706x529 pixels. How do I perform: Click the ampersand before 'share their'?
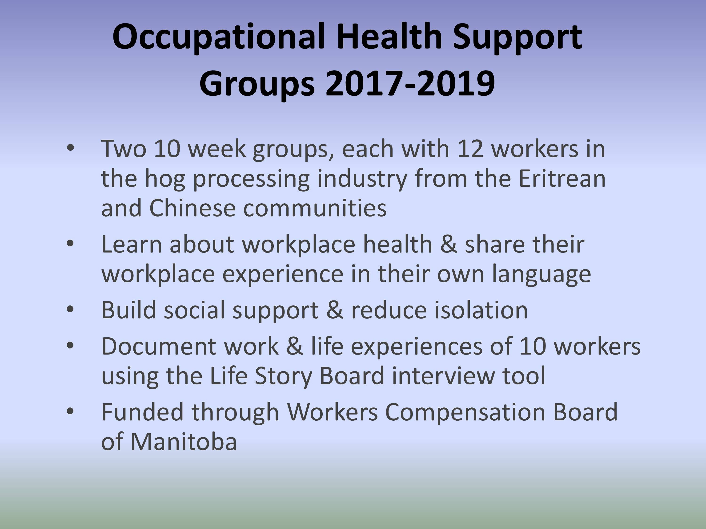point(449,244)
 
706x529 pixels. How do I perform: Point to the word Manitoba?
point(184,442)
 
